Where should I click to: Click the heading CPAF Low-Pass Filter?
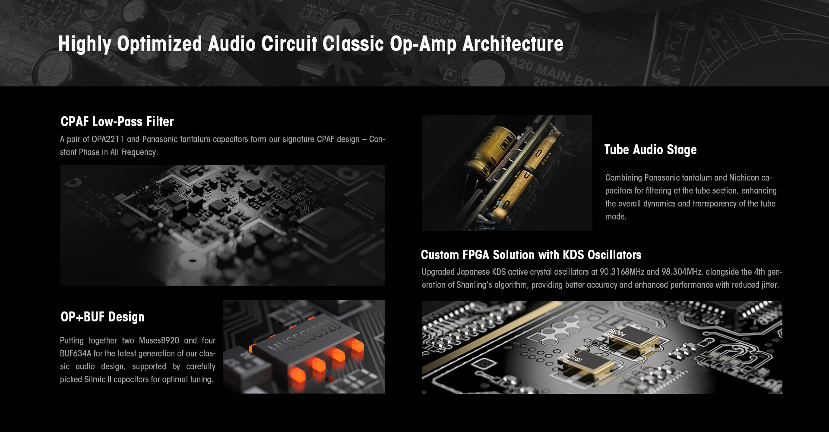click(x=117, y=122)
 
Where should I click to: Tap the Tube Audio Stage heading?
click(x=650, y=150)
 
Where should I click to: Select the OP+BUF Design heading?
click(x=102, y=317)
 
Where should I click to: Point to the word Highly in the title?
click(x=85, y=44)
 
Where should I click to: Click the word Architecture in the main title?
click(x=513, y=44)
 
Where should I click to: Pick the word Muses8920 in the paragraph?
click(x=159, y=340)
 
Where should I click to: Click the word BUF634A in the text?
click(x=76, y=353)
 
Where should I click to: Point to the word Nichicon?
click(x=744, y=178)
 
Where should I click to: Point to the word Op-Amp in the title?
click(x=423, y=44)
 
